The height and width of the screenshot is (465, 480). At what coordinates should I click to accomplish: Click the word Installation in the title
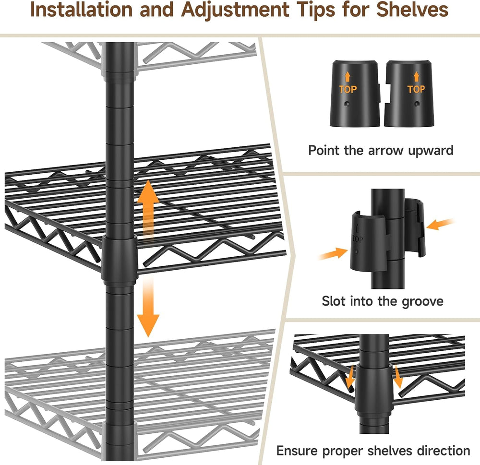(x=82, y=10)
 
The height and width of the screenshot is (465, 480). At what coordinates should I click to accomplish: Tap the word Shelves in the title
(x=412, y=10)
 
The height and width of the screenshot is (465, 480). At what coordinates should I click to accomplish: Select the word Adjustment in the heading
(x=235, y=11)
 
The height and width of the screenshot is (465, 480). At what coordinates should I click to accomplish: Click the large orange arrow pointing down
(x=148, y=308)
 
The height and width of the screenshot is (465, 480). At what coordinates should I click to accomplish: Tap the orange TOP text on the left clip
(x=348, y=89)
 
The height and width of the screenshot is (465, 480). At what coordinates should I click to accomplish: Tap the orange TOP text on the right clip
(x=416, y=89)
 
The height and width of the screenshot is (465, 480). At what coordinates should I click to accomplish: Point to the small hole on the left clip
(x=347, y=104)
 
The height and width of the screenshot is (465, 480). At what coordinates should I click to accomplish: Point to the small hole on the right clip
(x=416, y=104)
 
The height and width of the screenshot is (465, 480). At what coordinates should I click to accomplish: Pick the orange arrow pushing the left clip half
(x=334, y=253)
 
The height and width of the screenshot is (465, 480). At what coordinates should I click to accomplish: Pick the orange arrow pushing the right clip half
(x=440, y=225)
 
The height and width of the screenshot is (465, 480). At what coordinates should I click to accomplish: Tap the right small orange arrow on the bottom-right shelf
(x=397, y=377)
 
